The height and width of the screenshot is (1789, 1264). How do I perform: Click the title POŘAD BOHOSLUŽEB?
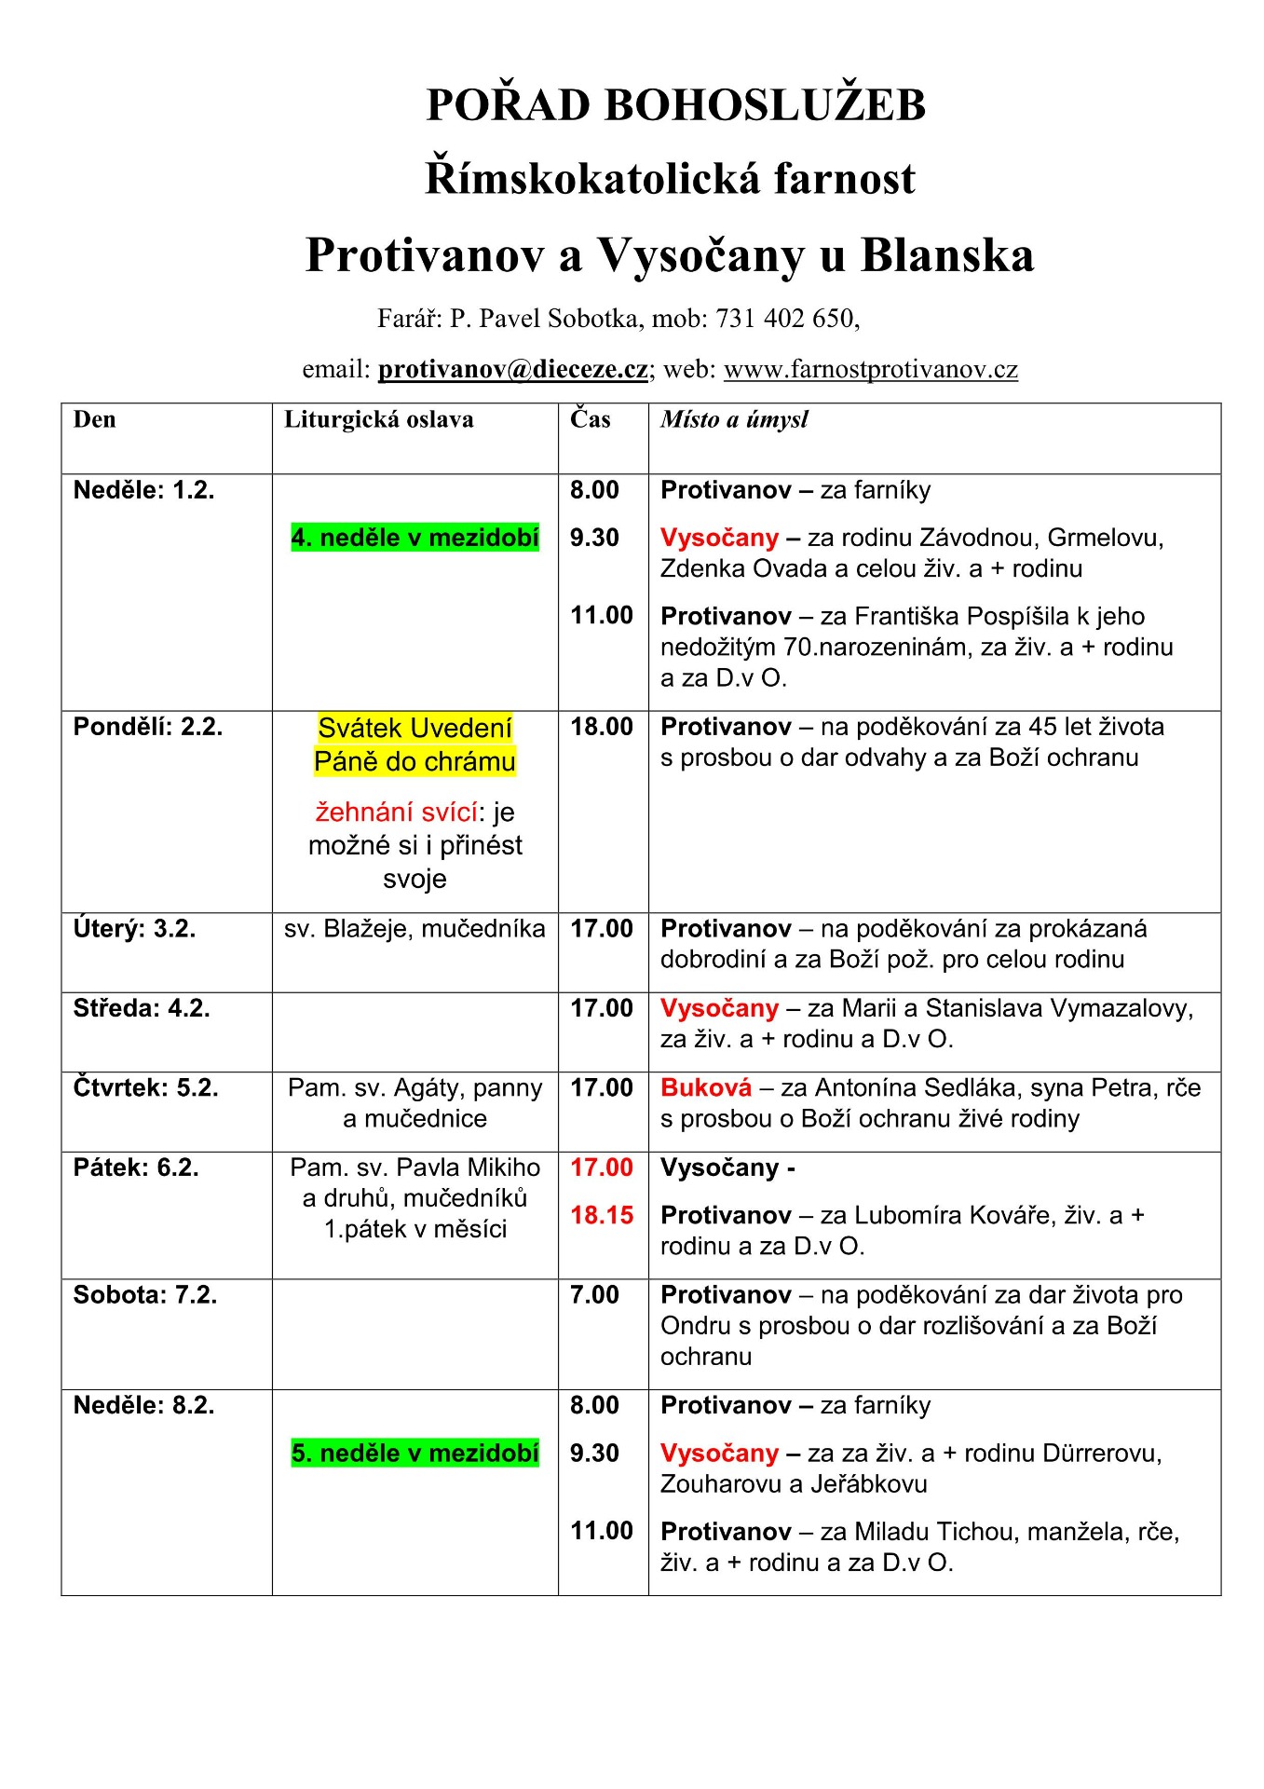[675, 104]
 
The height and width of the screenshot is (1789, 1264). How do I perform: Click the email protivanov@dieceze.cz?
[512, 369]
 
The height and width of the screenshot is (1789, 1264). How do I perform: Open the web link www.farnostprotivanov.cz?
[870, 369]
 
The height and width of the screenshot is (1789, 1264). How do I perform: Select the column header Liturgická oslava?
[378, 419]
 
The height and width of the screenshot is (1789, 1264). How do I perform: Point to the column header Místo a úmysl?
[734, 419]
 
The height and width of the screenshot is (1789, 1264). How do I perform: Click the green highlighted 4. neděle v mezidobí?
[415, 538]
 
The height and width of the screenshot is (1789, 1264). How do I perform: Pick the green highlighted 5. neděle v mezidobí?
[415, 1453]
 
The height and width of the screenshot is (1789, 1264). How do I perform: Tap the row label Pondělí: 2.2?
[148, 727]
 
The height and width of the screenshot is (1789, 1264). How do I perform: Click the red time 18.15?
[602, 1215]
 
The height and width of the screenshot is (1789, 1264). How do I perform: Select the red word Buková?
[705, 1087]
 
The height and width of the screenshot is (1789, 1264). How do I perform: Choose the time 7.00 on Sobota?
[594, 1294]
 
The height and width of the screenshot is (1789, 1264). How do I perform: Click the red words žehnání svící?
[396, 813]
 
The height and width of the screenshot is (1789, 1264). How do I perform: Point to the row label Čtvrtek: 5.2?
[145, 1087]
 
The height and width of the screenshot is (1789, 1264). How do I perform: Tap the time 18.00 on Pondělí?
[602, 727]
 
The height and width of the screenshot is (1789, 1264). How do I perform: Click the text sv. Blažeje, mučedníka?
[415, 929]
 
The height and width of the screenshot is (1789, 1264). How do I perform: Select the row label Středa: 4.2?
[142, 1008]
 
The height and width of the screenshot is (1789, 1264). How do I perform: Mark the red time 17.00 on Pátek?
[602, 1168]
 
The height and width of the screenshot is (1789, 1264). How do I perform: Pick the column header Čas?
[591, 419]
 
